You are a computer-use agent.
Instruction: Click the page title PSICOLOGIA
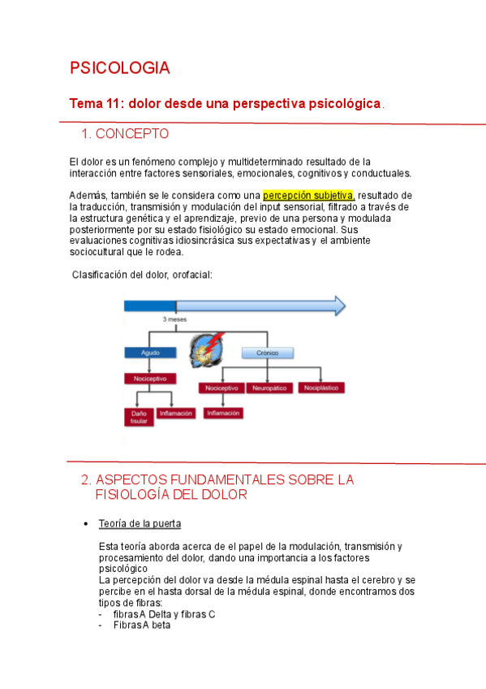(x=119, y=68)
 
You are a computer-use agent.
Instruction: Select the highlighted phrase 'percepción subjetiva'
(x=308, y=195)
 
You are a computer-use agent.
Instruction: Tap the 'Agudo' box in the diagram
(x=150, y=353)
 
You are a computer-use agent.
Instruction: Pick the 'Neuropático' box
(x=270, y=388)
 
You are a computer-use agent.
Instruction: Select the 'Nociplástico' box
(x=321, y=388)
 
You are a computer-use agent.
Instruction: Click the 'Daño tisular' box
(x=139, y=417)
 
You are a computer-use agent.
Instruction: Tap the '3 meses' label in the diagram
(x=174, y=320)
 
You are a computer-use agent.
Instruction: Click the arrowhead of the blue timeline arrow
(x=338, y=305)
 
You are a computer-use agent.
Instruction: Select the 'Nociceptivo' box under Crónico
(x=221, y=388)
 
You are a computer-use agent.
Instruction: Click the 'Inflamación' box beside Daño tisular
(x=176, y=413)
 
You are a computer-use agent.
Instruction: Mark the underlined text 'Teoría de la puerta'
(x=140, y=522)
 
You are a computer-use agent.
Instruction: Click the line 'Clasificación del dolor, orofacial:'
(x=142, y=275)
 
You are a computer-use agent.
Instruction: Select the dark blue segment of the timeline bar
(x=149, y=305)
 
